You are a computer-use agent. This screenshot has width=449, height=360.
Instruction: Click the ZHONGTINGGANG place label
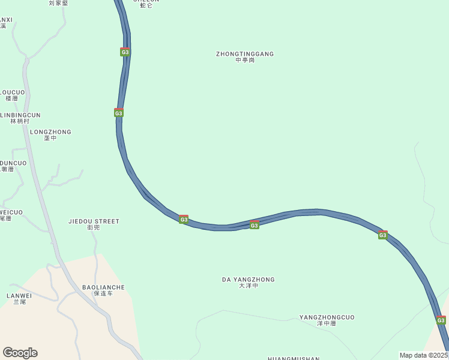[245, 54]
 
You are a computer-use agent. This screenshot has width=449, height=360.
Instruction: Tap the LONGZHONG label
[50, 132]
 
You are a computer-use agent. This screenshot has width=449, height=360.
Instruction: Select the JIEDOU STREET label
[94, 221]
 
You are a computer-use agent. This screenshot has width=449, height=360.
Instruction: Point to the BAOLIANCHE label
[103, 287]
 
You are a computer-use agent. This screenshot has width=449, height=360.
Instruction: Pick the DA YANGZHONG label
[249, 280]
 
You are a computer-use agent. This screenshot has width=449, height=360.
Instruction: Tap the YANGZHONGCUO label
[327, 317]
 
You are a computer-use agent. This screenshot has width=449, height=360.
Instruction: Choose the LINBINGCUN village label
[20, 115]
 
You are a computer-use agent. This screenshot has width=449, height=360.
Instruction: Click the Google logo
[20, 352]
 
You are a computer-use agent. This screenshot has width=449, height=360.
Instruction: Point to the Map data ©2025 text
[423, 355]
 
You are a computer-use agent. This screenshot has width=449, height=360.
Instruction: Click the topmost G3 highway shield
[125, 52]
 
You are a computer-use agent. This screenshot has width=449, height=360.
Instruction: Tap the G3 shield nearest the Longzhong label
[119, 113]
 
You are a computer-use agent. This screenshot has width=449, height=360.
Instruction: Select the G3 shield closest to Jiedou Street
[184, 220]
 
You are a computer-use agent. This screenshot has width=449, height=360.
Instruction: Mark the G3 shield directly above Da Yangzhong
[255, 225]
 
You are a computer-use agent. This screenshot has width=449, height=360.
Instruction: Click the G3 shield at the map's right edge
[441, 320]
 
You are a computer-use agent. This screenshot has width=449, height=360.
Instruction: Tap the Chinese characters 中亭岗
[245, 61]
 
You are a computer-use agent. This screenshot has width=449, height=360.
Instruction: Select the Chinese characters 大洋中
[249, 286]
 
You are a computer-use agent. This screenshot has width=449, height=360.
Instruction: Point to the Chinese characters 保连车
[103, 294]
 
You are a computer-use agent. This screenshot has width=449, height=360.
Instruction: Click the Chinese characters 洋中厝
[327, 324]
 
